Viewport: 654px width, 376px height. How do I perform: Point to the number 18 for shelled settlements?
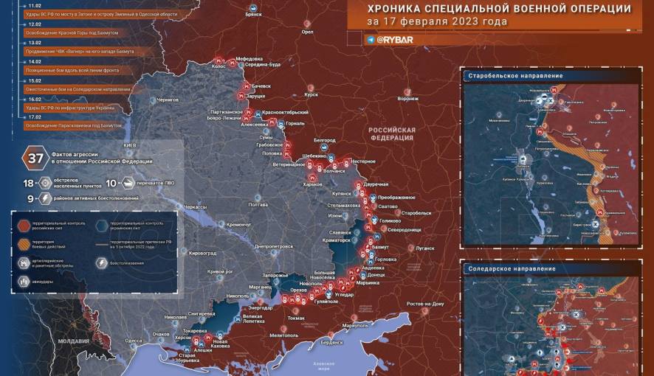click(x=29, y=183)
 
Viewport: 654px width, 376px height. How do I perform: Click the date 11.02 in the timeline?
click(x=34, y=5)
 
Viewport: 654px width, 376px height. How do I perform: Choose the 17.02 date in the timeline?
click(x=34, y=117)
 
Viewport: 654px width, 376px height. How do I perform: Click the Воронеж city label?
click(x=408, y=99)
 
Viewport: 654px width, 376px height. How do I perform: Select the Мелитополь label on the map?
click(x=285, y=335)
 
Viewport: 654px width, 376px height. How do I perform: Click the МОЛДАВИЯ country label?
click(x=74, y=341)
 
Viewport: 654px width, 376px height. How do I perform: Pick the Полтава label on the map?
click(x=258, y=203)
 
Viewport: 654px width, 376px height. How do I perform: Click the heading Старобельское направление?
click(x=515, y=76)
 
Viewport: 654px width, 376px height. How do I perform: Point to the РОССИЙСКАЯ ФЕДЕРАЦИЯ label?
click(x=392, y=134)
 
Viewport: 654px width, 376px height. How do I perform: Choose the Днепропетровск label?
click(x=273, y=246)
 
